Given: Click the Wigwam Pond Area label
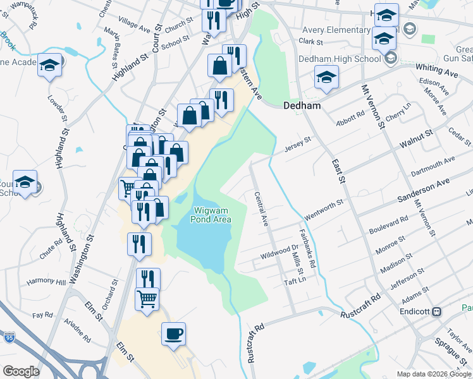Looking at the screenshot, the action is coord(211,214).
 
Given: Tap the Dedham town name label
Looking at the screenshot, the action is coord(302,106).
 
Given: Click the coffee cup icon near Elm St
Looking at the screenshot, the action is coord(173,334).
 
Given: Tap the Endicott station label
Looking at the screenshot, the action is coord(415,312).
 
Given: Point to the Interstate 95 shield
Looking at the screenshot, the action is coord(9,338).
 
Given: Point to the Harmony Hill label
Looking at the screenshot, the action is coord(46,282).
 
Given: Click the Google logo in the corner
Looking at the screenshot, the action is coord(21,371).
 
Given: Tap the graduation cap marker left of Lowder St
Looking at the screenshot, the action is coord(49,66).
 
